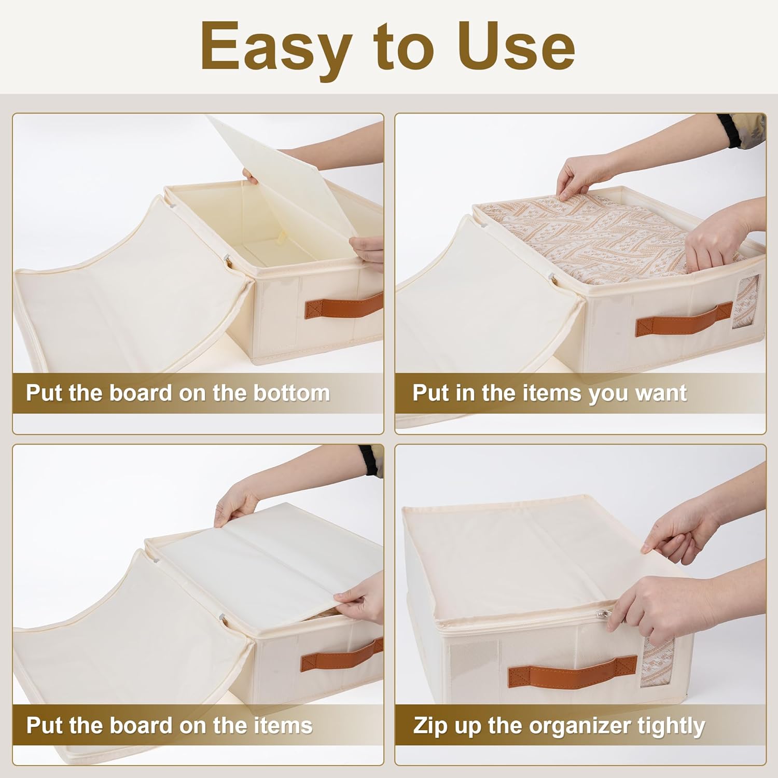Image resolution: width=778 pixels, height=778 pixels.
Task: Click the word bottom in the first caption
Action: pyautogui.click(x=291, y=393)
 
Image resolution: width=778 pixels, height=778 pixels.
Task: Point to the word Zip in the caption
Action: pyautogui.click(x=430, y=726)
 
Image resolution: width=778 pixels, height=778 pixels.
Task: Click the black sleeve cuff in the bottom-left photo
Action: pyautogui.click(x=368, y=460)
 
